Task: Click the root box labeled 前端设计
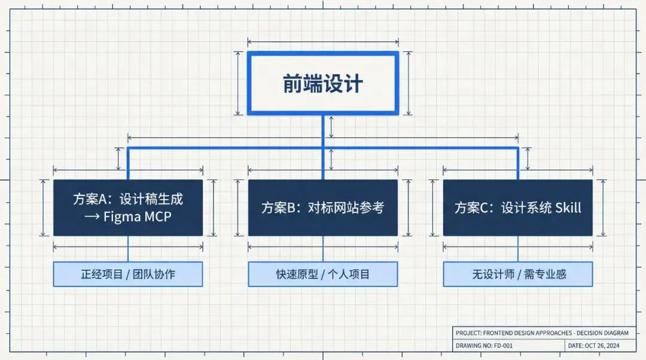[x=323, y=83]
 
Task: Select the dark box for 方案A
[x=128, y=208]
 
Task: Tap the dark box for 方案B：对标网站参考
[x=323, y=208]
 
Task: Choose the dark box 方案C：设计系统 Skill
[x=518, y=208]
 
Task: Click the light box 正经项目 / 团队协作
[x=128, y=274]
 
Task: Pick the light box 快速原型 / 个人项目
[x=323, y=274]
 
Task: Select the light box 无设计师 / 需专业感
[x=518, y=274]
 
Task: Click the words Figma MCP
[x=137, y=216]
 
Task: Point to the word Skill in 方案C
[x=568, y=208]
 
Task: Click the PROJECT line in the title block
[x=542, y=333]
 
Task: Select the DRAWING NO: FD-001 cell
[x=484, y=346]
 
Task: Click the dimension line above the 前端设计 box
[x=323, y=42]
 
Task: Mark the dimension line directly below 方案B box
[x=323, y=246]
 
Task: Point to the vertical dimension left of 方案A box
[x=44, y=208]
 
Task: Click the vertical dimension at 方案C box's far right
[x=604, y=208]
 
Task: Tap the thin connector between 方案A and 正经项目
[x=128, y=249]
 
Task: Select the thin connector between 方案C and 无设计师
[x=518, y=249]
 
